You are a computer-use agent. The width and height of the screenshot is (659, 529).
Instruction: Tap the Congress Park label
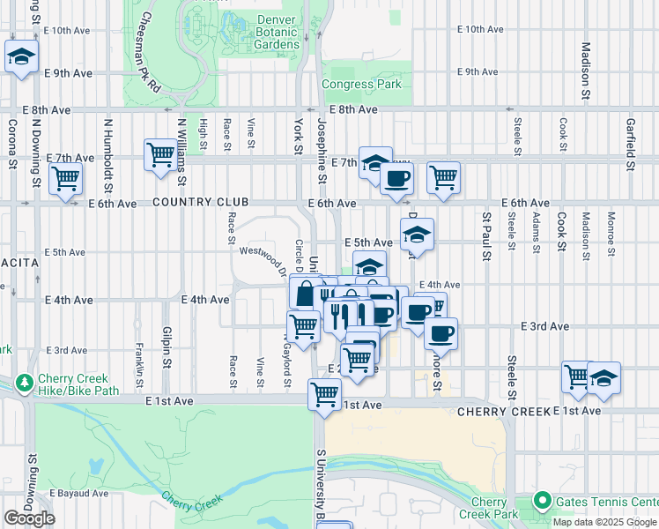(x=361, y=85)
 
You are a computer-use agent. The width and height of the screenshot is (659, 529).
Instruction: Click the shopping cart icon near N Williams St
(x=160, y=154)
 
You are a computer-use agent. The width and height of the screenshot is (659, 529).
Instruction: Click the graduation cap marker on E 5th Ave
(x=417, y=234)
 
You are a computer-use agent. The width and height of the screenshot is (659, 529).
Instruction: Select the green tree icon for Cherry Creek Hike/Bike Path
(x=24, y=384)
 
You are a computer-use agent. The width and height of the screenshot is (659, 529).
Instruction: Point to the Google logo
(x=30, y=518)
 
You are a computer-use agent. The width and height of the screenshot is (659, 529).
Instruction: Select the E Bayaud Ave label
(x=78, y=494)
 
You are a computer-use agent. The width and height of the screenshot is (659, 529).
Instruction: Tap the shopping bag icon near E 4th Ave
(x=304, y=292)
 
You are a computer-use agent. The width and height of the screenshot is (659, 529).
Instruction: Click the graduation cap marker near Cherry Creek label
(x=603, y=377)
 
